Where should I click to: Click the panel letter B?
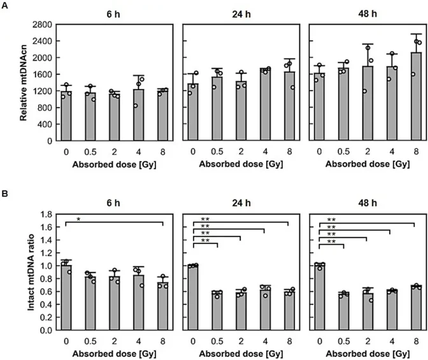(x=6, y=189)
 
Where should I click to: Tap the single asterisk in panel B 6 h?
(x=78, y=219)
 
